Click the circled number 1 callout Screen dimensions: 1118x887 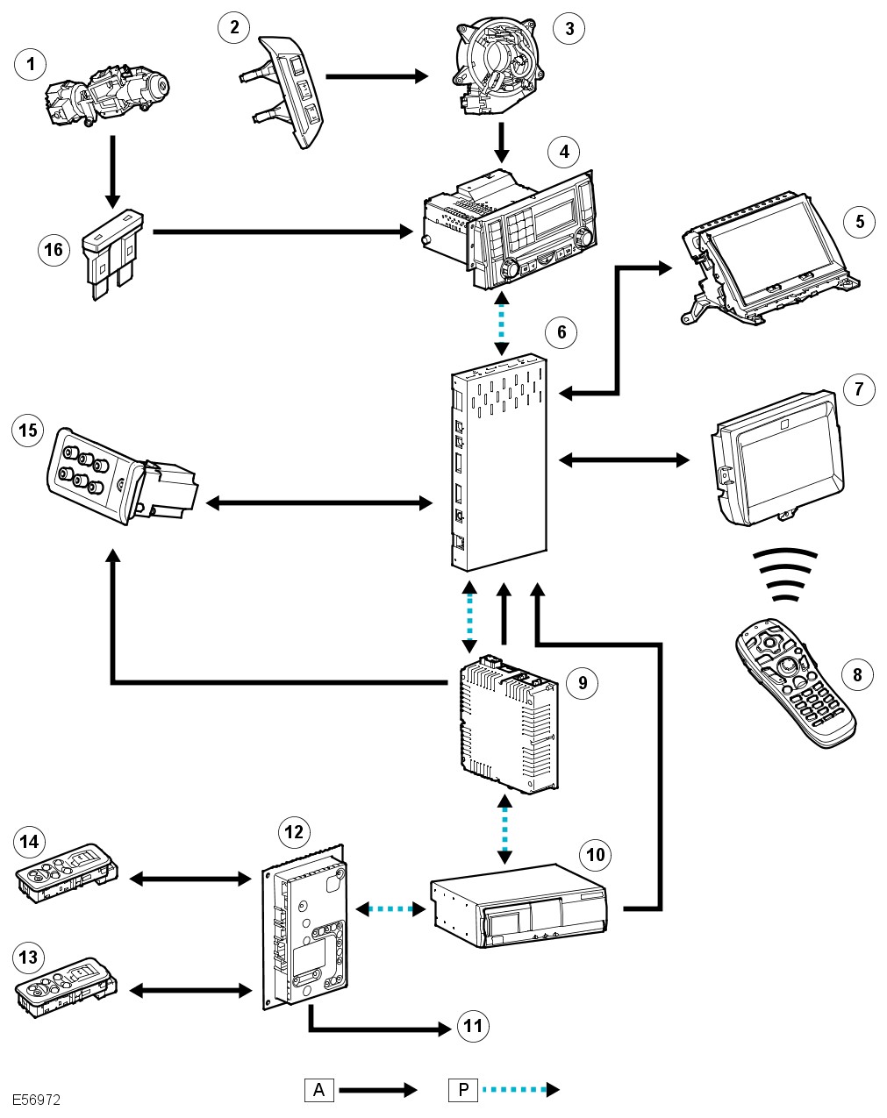(32, 63)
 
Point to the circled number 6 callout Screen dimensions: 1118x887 (562, 331)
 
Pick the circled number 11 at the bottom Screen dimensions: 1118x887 (473, 1026)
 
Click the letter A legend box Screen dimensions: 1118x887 (319, 1090)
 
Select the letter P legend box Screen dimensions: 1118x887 (462, 1090)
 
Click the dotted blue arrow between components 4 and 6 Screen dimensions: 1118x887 (501, 321)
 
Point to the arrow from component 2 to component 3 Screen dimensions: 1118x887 (376, 76)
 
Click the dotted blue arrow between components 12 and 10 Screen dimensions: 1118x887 (390, 909)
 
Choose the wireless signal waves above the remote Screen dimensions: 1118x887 (787, 575)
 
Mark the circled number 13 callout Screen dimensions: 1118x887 (29, 957)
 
